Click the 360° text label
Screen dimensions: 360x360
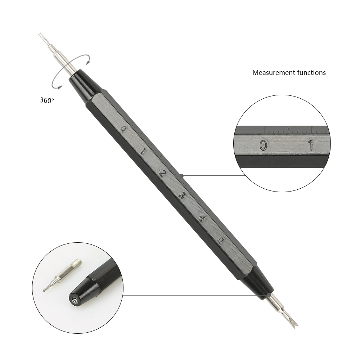[x=47, y=100]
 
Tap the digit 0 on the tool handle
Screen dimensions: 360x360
[x=123, y=129]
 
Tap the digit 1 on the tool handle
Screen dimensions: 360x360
[x=143, y=151]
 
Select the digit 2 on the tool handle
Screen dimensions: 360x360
[x=163, y=174]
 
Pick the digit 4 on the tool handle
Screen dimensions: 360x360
[x=202, y=219]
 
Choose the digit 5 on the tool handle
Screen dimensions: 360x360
[x=221, y=240]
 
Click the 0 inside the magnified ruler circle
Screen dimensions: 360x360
[x=263, y=145]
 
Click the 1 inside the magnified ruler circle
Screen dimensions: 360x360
[x=311, y=145]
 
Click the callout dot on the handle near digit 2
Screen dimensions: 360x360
[x=181, y=176]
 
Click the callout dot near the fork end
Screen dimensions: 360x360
[x=269, y=295]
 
